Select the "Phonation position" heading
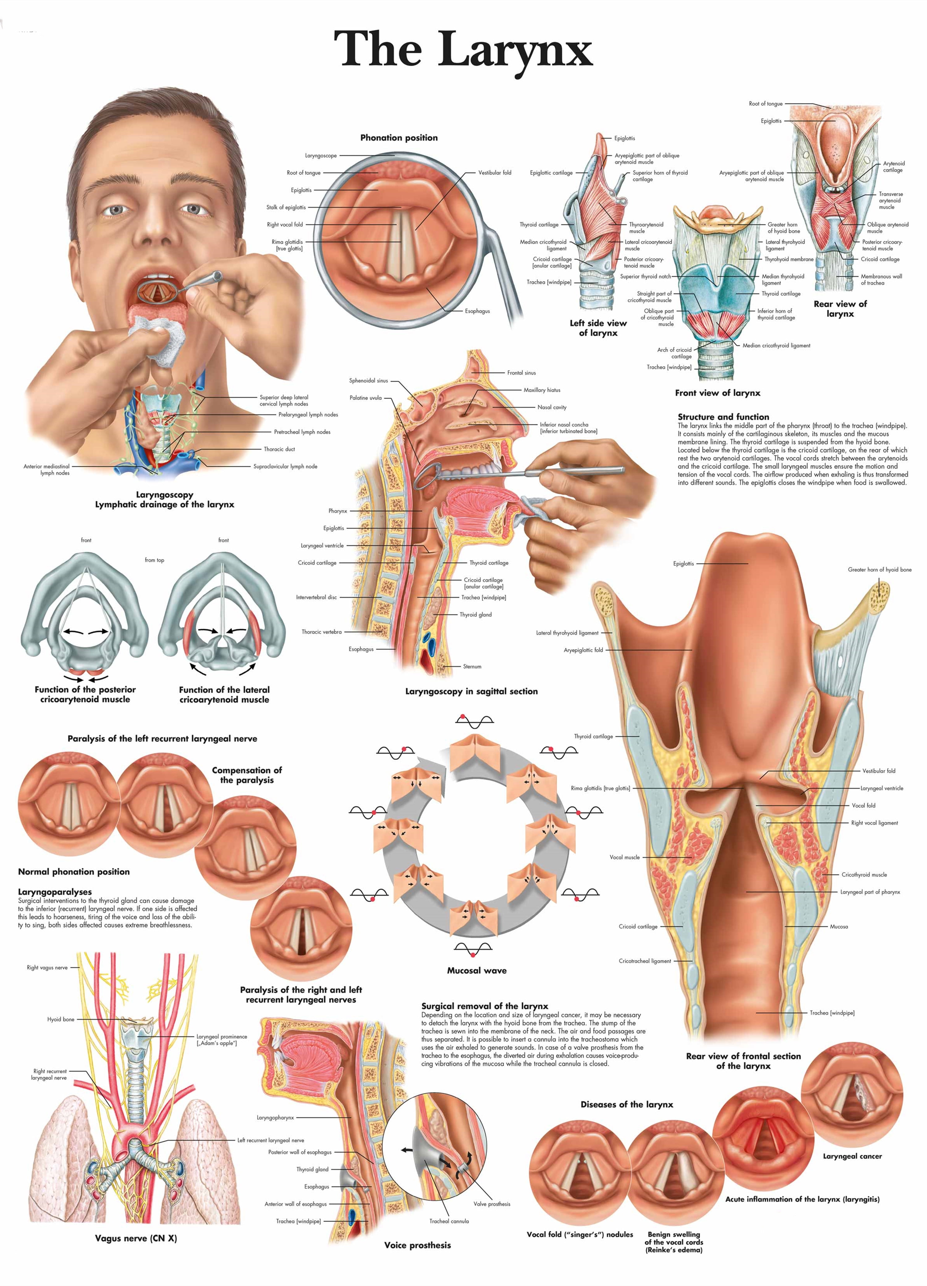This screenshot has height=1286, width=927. pos(399,138)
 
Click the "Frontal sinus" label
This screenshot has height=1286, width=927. pos(521,372)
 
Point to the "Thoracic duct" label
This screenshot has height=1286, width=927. pos(279,449)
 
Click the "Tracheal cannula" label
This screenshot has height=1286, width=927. pos(449,1221)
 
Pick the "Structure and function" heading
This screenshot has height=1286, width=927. pos(723,417)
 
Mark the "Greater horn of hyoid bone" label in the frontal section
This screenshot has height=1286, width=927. pos(879,570)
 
